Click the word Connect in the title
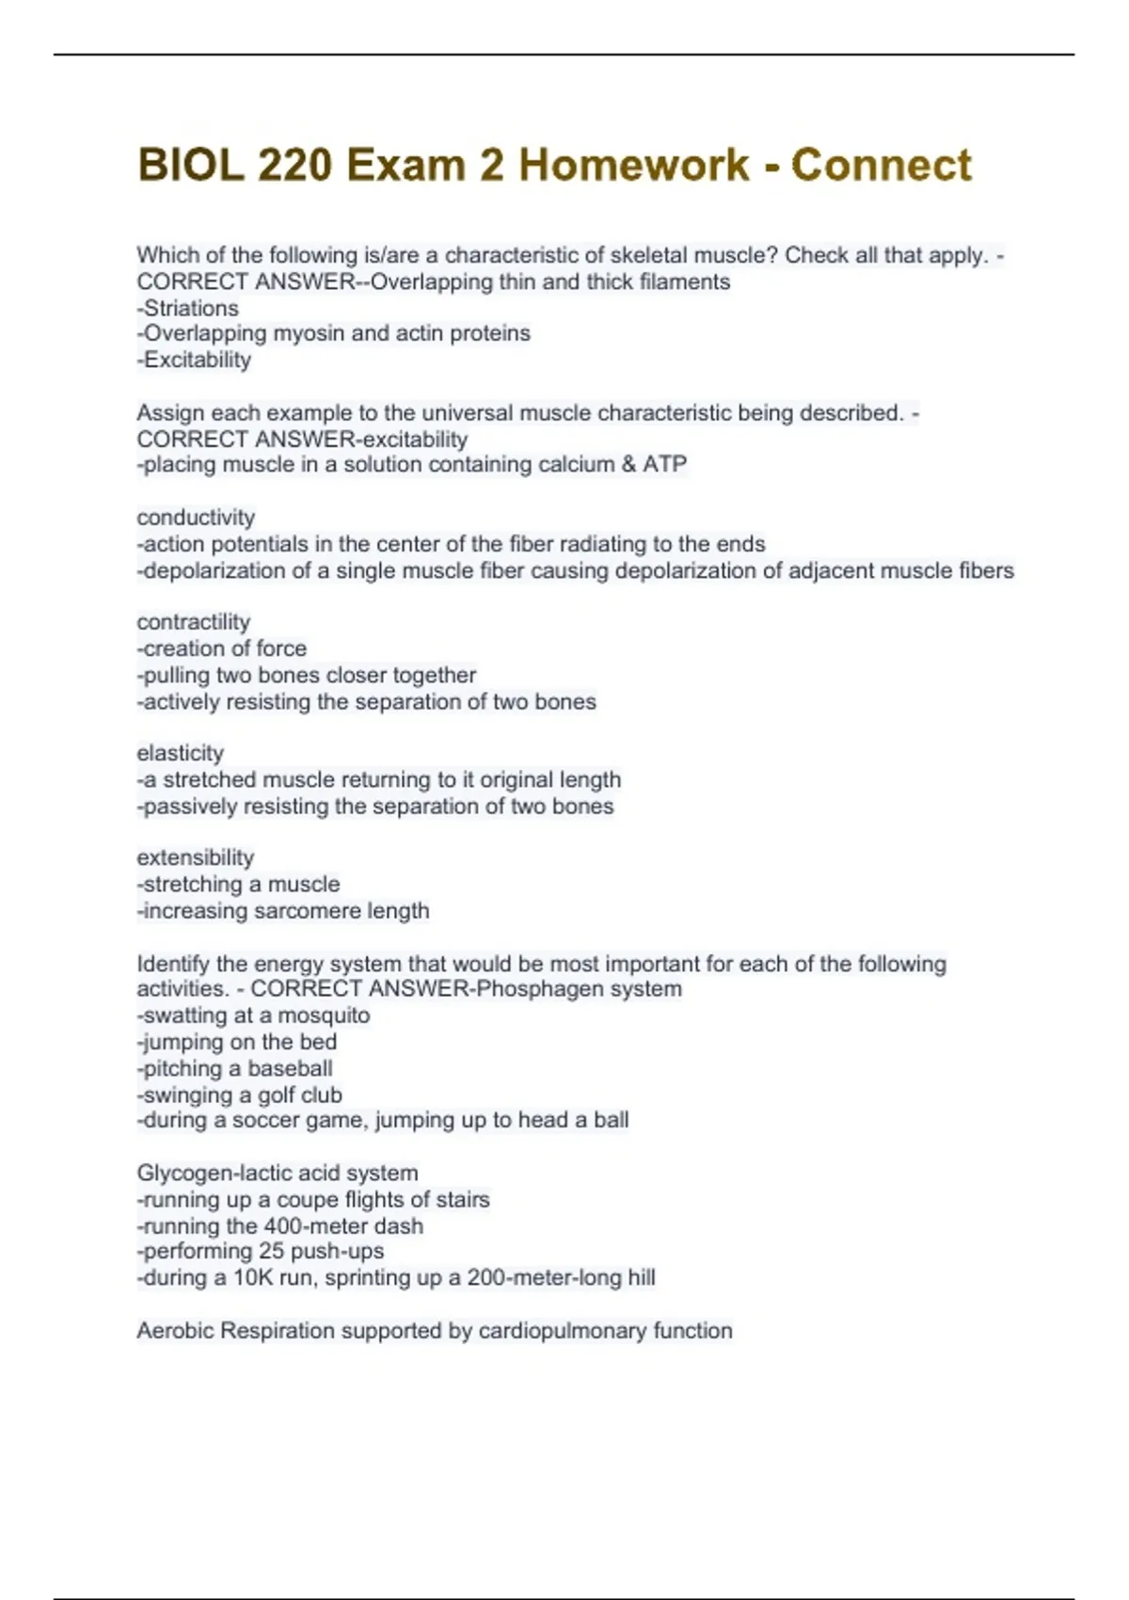(881, 166)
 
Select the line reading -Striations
(188, 308)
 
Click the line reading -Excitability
(194, 360)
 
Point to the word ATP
(664, 464)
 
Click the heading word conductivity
(196, 518)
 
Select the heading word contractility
(194, 622)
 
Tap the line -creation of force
(222, 648)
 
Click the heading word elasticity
(181, 753)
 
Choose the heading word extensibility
(196, 857)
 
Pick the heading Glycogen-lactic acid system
(278, 1173)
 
